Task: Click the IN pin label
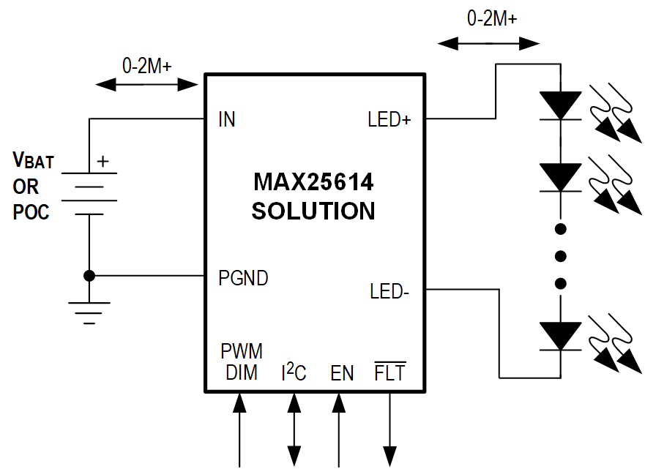pos(227,119)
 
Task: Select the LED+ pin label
pos(389,119)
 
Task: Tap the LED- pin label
pos(389,292)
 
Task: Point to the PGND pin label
pos(243,278)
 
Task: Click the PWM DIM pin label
pos(242,361)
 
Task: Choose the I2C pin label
pos(294,373)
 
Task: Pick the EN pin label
pos(342,373)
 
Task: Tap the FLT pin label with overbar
pos(389,372)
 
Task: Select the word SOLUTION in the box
pos(313,211)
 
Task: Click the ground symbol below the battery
pos(89,312)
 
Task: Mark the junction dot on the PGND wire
pos(89,276)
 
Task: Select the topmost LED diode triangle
pos(560,105)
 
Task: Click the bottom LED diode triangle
pos(560,336)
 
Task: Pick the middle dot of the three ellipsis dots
pos(561,256)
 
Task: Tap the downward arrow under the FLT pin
pos(389,432)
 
